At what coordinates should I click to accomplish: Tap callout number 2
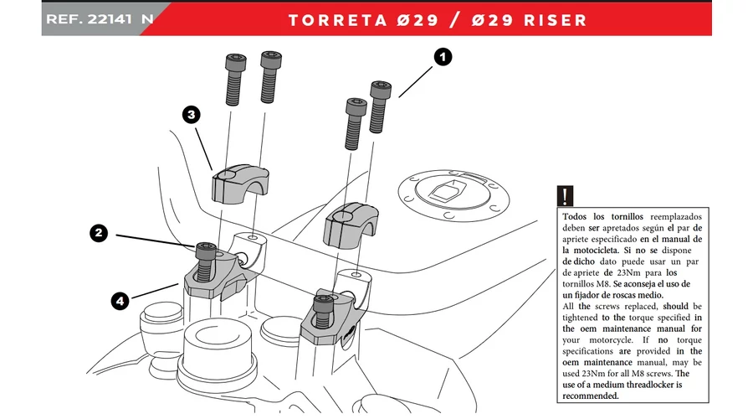pyautogui.click(x=99, y=234)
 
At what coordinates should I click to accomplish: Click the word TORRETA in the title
pyautogui.click(x=339, y=19)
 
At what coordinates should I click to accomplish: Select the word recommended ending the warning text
pyautogui.click(x=597, y=396)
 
